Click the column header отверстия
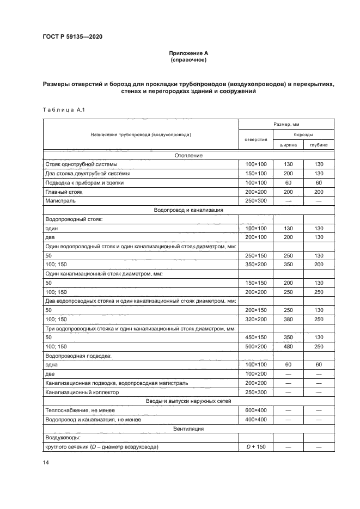[255, 139]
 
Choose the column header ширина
[288, 145]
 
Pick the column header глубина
[319, 145]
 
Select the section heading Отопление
[188, 155]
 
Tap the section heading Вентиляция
[188, 429]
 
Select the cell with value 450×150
[255, 338]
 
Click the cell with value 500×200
[255, 347]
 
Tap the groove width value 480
[288, 347]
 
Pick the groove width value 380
[288, 319]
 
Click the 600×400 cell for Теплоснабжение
[255, 410]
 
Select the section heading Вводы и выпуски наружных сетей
[188, 401]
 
